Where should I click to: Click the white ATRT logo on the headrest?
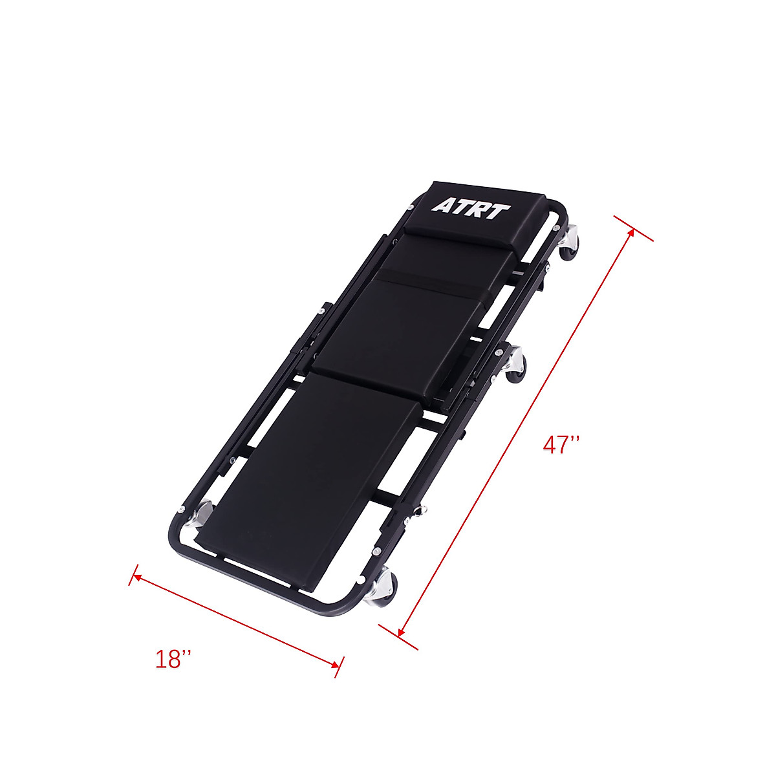pyautogui.click(x=470, y=209)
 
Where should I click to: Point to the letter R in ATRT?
pyautogui.click(x=482, y=210)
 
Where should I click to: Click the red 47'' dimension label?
pyautogui.click(x=560, y=445)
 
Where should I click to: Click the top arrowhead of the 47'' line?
pyautogui.click(x=631, y=233)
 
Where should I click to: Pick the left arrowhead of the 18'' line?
pyautogui.click(x=137, y=577)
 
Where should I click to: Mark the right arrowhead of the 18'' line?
pyautogui.click(x=335, y=665)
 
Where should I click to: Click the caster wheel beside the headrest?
pyautogui.click(x=568, y=244)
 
